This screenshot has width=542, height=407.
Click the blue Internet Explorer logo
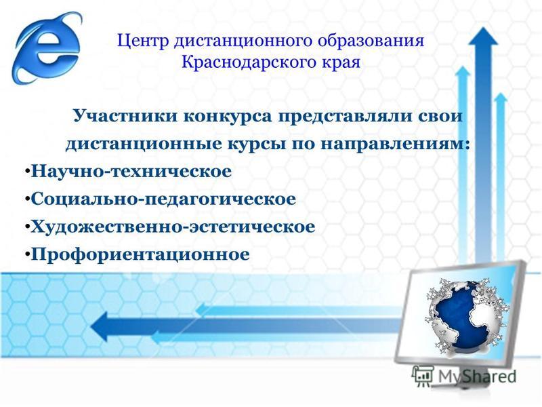(x=47, y=47)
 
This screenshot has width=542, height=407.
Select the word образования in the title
(x=371, y=41)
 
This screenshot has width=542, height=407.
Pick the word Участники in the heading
(x=125, y=116)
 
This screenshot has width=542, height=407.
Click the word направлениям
(x=395, y=144)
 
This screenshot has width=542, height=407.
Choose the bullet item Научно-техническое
(x=131, y=172)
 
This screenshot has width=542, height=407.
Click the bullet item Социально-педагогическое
(x=163, y=199)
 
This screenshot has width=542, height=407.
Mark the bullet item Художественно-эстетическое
(x=173, y=227)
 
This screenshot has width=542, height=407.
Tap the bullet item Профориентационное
(x=140, y=255)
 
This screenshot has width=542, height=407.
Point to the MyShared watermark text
(x=477, y=376)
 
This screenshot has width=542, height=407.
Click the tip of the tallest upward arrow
(x=483, y=28)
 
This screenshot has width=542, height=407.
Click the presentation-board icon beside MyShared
(x=423, y=376)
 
